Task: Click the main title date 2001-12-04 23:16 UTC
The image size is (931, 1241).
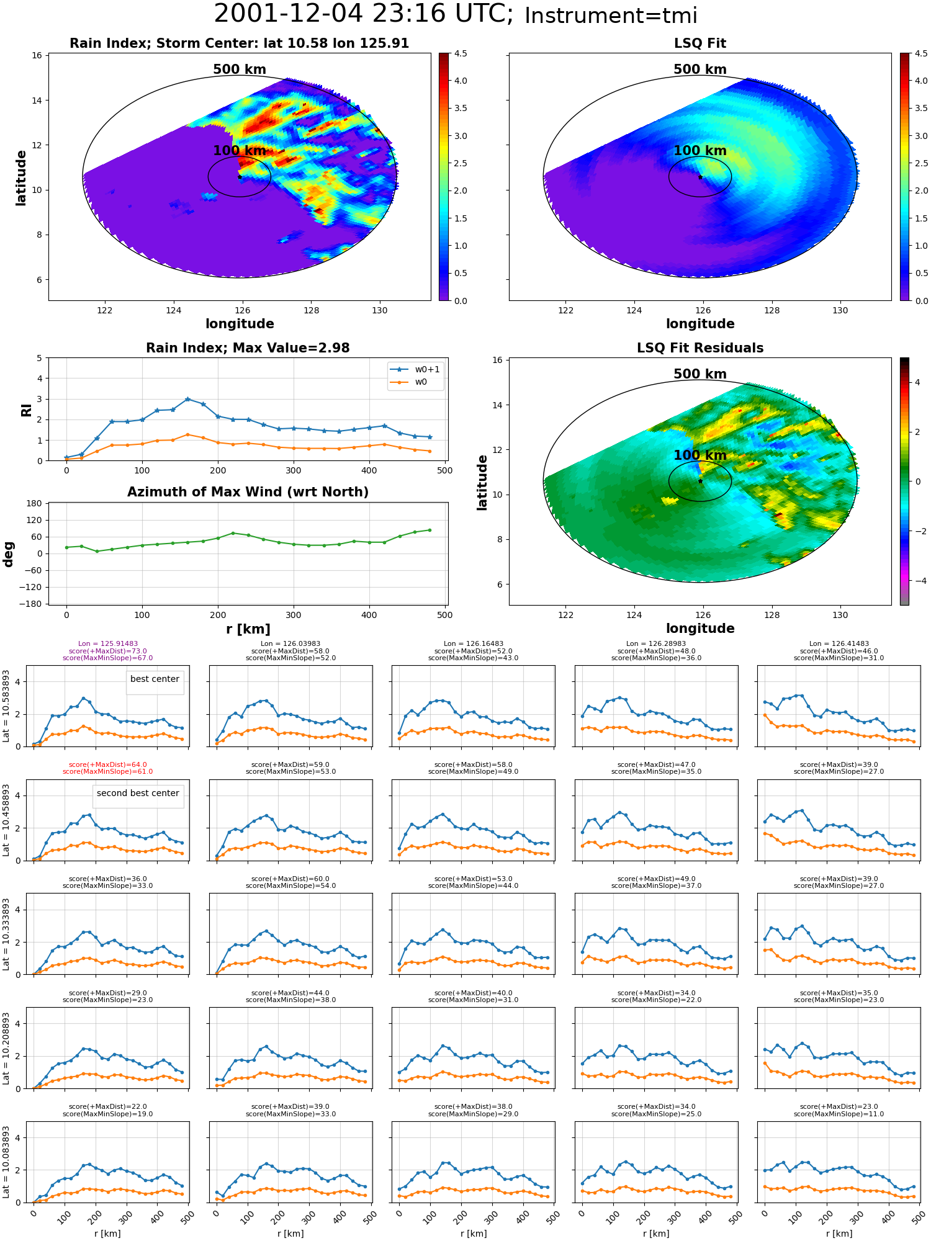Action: (364, 14)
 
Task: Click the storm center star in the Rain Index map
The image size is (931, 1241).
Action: (240, 177)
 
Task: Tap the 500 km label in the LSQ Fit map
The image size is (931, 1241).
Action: (700, 69)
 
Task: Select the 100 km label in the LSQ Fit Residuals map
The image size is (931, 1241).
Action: (700, 455)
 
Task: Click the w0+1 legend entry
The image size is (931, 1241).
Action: (415, 369)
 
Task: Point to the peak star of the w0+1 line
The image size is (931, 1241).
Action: (187, 399)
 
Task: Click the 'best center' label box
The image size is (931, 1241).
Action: (155, 679)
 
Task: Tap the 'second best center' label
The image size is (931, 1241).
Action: (138, 794)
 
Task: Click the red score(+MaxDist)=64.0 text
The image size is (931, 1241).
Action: (108, 764)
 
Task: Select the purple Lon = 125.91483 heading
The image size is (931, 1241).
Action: (108, 644)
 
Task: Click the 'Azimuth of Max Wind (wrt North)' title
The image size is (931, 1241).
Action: (248, 492)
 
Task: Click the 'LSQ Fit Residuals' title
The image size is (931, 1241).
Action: (700, 348)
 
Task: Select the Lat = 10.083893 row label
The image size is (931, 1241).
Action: (6, 1162)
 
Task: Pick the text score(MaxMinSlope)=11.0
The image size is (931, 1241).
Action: (839, 1114)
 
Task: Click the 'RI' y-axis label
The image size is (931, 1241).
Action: (26, 410)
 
